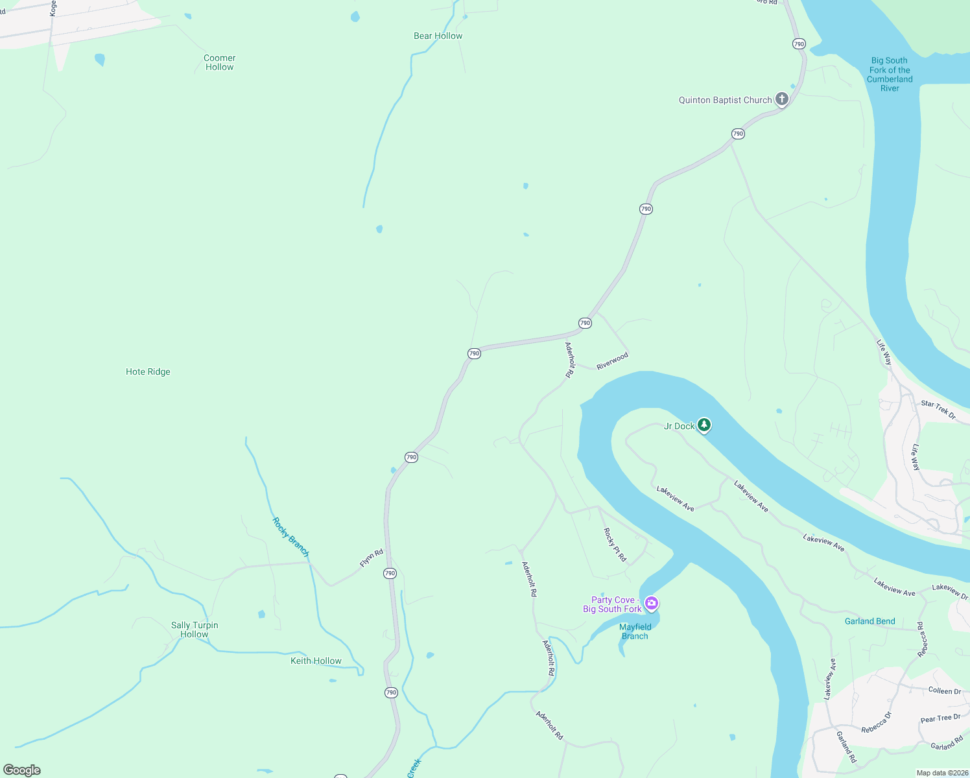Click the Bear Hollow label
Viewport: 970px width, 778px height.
click(x=438, y=36)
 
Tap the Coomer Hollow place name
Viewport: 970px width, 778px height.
click(x=219, y=62)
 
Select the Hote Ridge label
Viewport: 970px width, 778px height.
click(x=148, y=371)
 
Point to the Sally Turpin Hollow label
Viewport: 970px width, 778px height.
click(x=195, y=630)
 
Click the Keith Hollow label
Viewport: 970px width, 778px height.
click(x=316, y=661)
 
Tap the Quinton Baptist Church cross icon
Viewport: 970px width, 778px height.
click(x=782, y=99)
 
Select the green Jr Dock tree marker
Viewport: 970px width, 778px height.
click(x=704, y=425)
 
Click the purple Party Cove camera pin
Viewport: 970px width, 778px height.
click(x=652, y=604)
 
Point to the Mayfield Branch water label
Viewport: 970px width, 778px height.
click(x=635, y=631)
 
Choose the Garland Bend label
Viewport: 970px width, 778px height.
click(x=869, y=621)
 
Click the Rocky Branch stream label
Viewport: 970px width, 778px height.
click(x=290, y=537)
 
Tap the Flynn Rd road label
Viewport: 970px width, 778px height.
click(x=372, y=558)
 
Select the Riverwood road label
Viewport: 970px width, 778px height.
click(x=612, y=361)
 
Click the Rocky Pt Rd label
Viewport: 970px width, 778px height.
click(x=615, y=545)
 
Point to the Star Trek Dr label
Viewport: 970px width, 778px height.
click(x=938, y=409)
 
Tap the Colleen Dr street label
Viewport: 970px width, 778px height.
click(x=944, y=690)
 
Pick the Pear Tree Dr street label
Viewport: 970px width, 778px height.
click(x=940, y=718)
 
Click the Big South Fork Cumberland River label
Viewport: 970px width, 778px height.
click(x=890, y=75)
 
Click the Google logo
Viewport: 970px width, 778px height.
click(x=22, y=770)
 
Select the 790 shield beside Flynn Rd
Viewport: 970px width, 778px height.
click(x=390, y=573)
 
